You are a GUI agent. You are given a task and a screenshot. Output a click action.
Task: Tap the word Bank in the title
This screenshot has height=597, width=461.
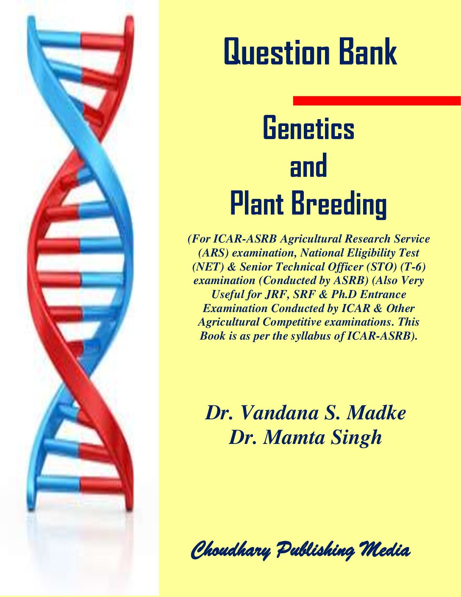[368, 51]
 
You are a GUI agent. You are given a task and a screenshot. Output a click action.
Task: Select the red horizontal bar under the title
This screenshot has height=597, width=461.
[377, 100]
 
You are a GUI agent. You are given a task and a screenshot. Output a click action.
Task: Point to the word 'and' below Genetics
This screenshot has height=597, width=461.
[308, 165]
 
